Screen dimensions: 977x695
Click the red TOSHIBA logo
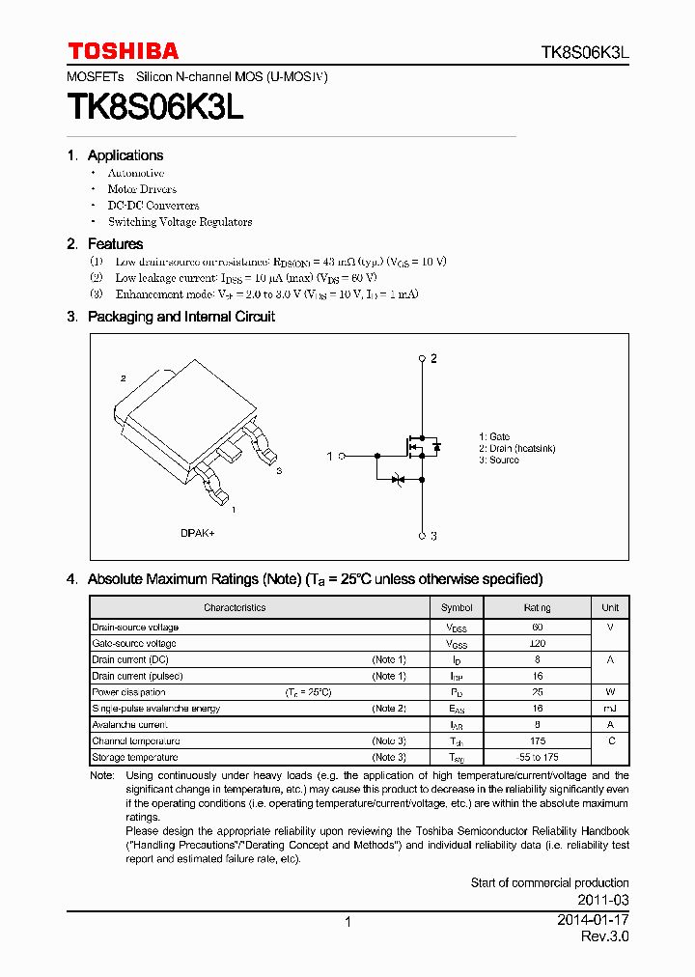[x=123, y=51]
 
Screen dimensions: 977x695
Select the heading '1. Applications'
[x=115, y=155]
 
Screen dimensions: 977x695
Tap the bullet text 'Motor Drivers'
[x=142, y=189]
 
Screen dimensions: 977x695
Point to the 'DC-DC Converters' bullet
[x=153, y=206]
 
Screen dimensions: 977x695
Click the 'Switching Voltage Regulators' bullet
[x=180, y=222]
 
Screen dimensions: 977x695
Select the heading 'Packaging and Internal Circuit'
[x=181, y=317]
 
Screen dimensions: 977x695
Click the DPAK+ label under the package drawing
[x=200, y=533]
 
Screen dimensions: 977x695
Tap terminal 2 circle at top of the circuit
[x=422, y=359]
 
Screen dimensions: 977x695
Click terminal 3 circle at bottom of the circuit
[x=422, y=536]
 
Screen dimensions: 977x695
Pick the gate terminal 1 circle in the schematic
[x=342, y=456]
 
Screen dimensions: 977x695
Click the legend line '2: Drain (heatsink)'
[x=516, y=449]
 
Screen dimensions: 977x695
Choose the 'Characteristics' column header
[x=235, y=608]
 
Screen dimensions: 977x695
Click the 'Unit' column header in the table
[x=610, y=608]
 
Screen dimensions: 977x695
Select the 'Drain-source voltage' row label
[x=135, y=628]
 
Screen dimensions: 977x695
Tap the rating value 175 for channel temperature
[x=537, y=741]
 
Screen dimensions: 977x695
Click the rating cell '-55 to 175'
[x=537, y=758]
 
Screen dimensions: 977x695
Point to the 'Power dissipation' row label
[x=128, y=692]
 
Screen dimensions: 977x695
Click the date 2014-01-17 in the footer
[x=593, y=920]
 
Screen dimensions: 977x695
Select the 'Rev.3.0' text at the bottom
[x=604, y=937]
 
